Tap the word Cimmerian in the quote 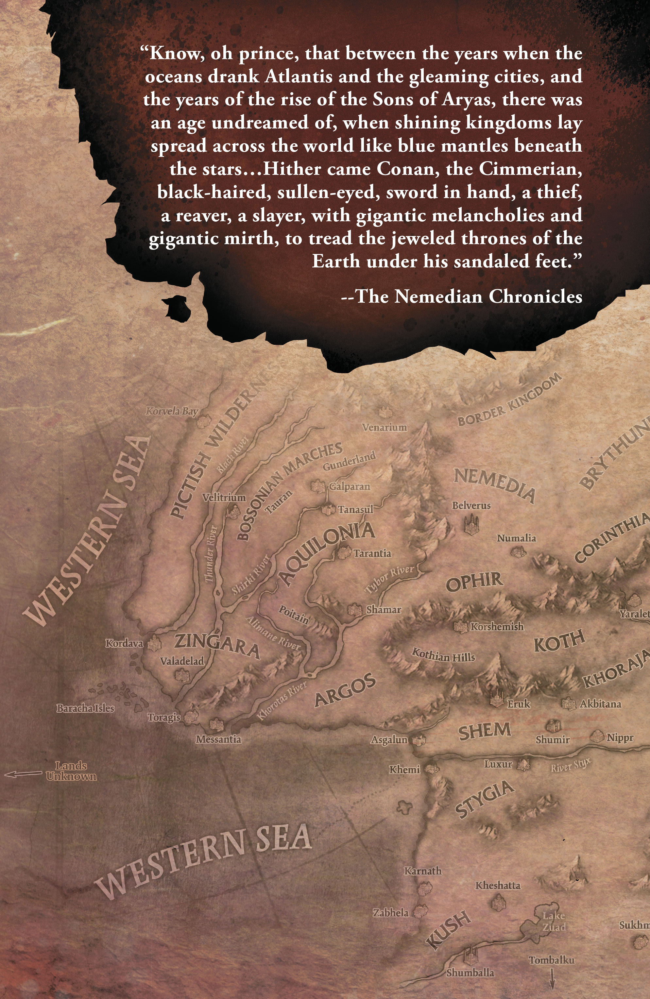[530, 169]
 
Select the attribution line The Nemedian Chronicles [462, 296]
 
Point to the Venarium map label [384, 427]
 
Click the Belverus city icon [471, 525]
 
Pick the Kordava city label [124, 643]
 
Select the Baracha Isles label [85, 708]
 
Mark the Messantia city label [218, 739]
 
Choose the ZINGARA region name [217, 646]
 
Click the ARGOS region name [345, 690]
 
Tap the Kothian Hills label [443, 655]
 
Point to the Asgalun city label [389, 739]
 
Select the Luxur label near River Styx [498, 764]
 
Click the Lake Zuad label [554, 921]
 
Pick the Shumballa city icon [470, 957]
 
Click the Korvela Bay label [172, 411]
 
